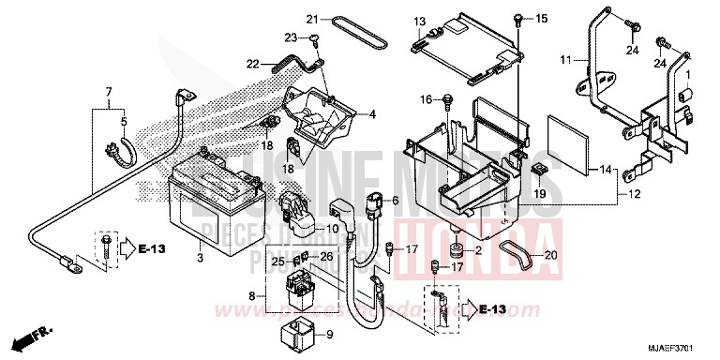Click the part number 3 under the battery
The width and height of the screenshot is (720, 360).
tap(201, 231)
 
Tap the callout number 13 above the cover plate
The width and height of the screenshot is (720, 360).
tap(419, 21)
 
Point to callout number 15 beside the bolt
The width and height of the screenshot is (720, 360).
tap(540, 19)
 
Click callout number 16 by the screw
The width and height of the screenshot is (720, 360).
tap(426, 99)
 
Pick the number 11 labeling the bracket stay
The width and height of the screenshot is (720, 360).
tap(565, 60)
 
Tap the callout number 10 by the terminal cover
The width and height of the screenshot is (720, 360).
tap(333, 230)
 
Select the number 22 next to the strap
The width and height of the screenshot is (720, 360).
tap(252, 64)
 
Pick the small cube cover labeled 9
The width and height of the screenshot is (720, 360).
tap(296, 335)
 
